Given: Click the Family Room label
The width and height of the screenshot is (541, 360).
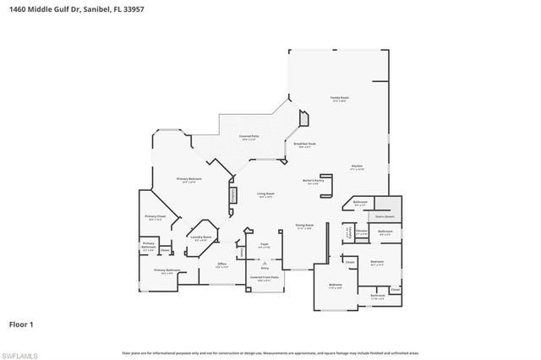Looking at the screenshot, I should pos(340,99).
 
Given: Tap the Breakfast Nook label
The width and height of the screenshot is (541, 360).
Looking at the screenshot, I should pos(304,145).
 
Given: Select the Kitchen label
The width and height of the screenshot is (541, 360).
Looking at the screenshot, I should pos(358,166).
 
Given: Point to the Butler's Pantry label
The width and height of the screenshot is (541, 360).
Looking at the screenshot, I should pos(314,180).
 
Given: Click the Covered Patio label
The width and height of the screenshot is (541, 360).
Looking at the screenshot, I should pos(249,136).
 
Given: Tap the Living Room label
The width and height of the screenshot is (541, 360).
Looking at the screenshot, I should pos(266,194).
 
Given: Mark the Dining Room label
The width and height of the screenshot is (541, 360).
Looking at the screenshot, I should pos(304,225).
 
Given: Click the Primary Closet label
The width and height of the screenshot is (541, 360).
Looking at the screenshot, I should pos(155,216).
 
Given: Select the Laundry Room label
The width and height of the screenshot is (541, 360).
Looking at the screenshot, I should pos(200,237).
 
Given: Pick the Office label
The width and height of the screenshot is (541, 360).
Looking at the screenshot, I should pos(222,264).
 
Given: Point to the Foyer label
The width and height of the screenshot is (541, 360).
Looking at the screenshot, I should pos(265,244).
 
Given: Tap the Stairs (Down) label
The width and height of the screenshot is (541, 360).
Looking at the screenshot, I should pos(390,217).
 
